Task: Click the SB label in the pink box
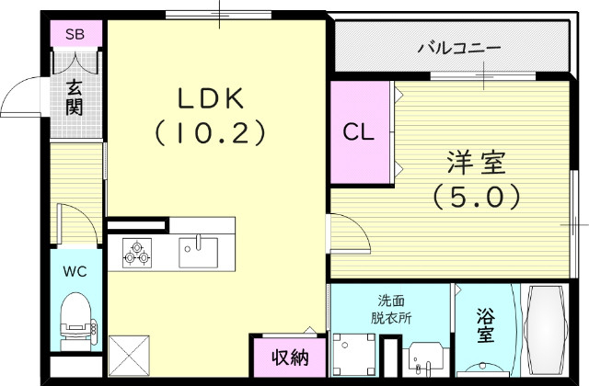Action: point(75,35)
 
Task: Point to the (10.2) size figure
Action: point(210,134)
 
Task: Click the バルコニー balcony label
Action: point(457,47)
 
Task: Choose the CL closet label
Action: point(359,131)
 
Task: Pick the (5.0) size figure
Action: point(477,197)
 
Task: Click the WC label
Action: point(75,271)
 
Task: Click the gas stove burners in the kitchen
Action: point(137,252)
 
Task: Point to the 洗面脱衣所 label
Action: point(391,309)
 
